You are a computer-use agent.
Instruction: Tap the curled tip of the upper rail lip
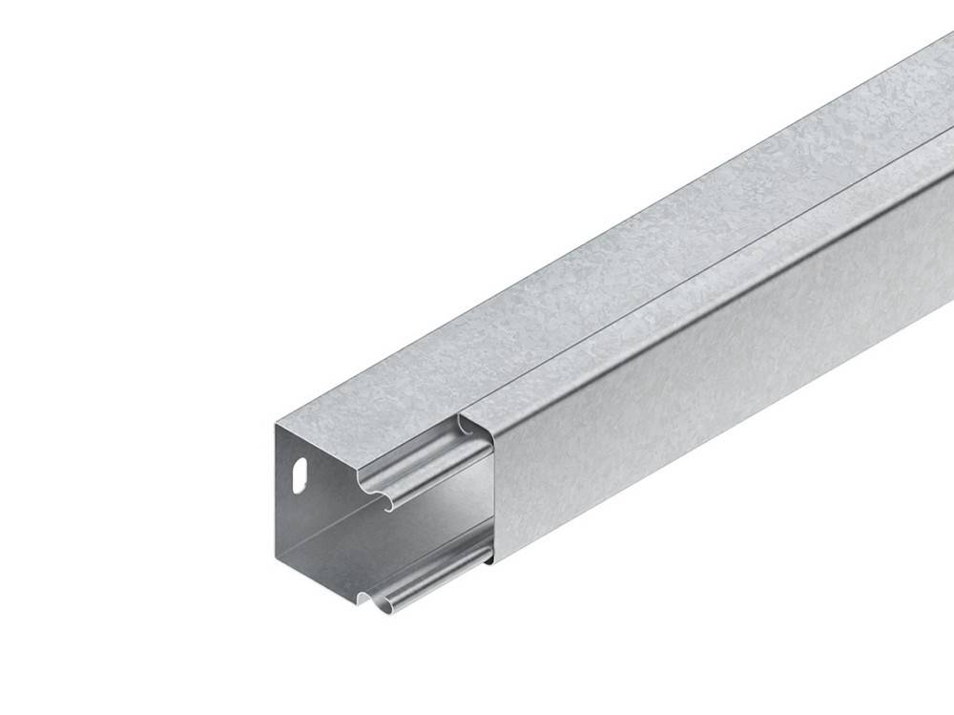point(386,503)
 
